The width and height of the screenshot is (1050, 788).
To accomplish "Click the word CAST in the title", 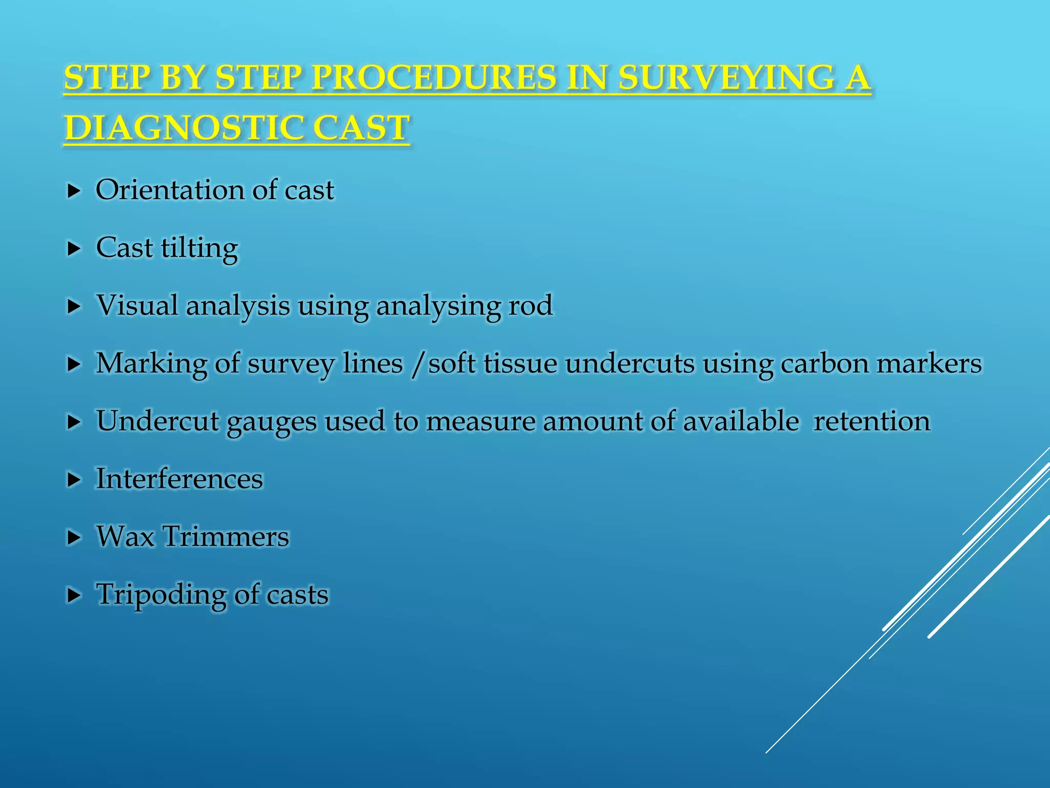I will [361, 128].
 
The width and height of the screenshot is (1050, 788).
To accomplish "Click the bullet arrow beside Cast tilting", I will [74, 249].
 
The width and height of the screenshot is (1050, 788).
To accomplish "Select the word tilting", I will [199, 249].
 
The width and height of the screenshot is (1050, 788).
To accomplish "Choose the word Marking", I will [151, 364].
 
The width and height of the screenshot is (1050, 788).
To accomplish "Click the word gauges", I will [271, 422].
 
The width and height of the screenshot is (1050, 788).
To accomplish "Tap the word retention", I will [872, 421].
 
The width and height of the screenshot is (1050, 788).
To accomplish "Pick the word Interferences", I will [179, 479].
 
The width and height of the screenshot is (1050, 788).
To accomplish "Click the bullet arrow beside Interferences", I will [74, 480].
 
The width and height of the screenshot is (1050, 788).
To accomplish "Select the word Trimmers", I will [226, 537].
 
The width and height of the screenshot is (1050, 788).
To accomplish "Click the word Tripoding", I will [161, 595].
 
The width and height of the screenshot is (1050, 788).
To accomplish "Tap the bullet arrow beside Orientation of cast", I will [74, 191].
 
